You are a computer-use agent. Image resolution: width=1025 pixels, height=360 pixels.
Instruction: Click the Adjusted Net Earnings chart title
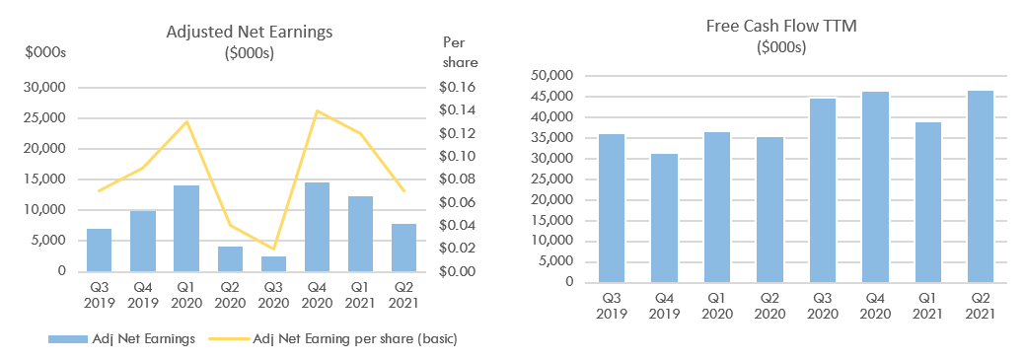point(249,31)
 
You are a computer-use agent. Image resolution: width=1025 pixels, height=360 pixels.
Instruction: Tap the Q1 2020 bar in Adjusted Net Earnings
point(186,228)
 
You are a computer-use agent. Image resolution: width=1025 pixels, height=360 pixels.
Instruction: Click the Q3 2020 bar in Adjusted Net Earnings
point(274,263)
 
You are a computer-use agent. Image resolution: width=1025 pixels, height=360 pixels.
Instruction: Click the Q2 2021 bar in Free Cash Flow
point(980,186)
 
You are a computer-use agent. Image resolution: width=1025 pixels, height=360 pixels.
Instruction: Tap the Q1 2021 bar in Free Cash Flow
point(927,202)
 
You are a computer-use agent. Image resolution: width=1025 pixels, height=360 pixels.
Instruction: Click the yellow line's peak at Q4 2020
point(317,110)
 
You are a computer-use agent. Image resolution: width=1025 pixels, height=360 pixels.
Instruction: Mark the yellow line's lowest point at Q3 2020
point(274,249)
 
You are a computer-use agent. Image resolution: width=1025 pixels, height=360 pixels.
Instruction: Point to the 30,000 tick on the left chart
point(42,87)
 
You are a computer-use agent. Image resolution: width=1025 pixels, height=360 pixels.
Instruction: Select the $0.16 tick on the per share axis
point(456,87)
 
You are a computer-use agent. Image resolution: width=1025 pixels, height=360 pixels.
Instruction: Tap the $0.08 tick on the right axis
point(456,180)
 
